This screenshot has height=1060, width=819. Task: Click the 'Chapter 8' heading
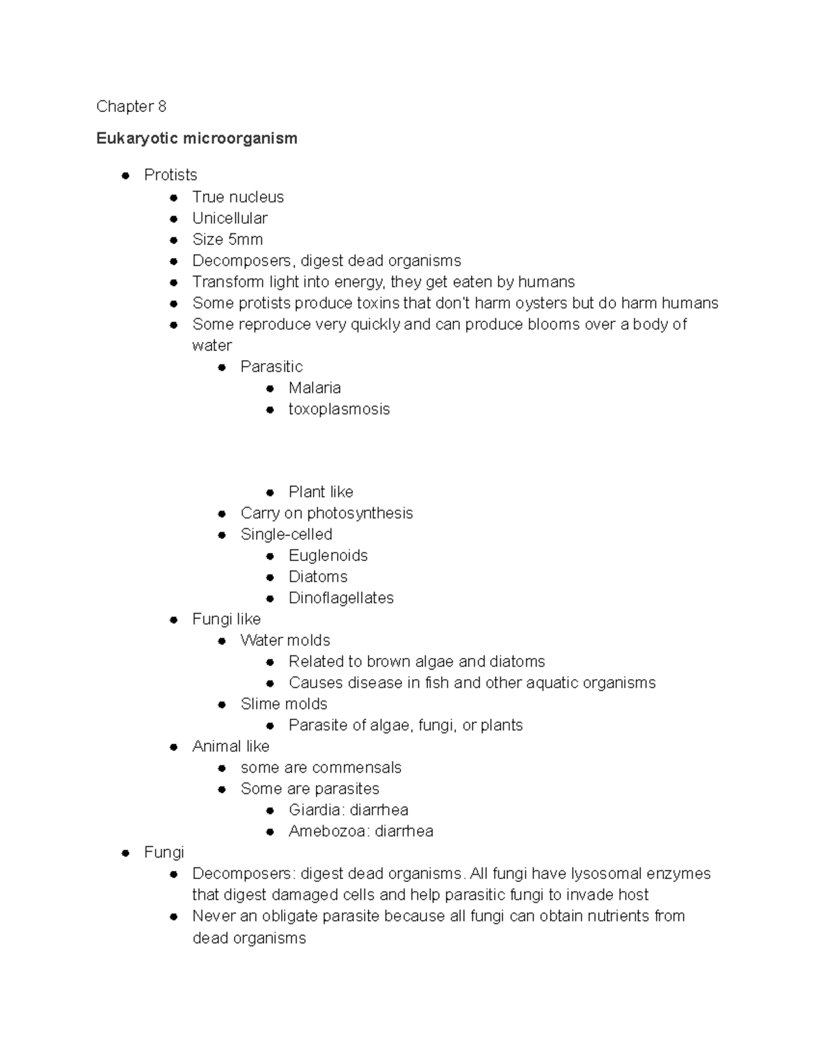tap(131, 106)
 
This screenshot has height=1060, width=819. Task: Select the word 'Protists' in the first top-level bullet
tap(171, 175)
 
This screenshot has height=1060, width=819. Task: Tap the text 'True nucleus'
tap(238, 197)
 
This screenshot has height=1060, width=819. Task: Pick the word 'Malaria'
tap(314, 388)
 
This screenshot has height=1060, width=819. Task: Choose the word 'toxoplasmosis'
tap(339, 410)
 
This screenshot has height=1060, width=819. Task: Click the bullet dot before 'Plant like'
tap(270, 492)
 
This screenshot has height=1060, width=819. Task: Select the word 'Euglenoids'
tap(328, 556)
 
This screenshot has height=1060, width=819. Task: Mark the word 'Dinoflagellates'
tap(341, 598)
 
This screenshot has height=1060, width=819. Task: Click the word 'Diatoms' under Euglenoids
tap(317, 577)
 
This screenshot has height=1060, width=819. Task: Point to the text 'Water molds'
tap(285, 640)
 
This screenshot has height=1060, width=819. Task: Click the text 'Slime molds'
tap(283, 704)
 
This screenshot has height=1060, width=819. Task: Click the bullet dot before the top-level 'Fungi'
tap(125, 853)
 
